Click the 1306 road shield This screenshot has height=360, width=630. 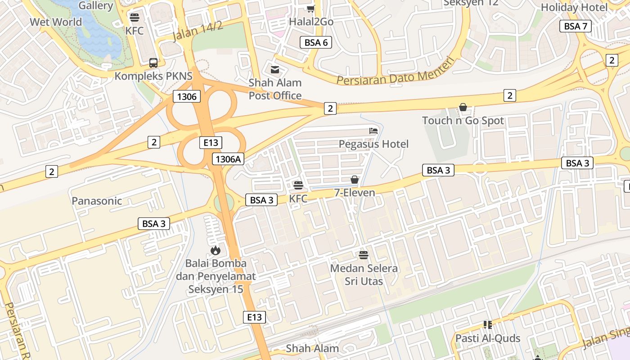point(186,96)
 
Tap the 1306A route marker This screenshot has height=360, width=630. point(229,158)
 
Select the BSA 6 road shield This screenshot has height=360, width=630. point(316,43)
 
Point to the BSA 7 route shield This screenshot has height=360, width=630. point(575,26)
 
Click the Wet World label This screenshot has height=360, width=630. point(56,22)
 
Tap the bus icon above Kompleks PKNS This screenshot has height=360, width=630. point(153,63)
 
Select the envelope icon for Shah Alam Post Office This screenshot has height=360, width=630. point(274,70)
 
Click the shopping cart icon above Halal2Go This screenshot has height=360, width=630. point(310,9)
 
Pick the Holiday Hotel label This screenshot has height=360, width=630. point(574,8)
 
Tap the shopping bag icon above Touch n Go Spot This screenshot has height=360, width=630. point(463,107)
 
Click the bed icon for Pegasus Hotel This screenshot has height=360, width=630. point(373,131)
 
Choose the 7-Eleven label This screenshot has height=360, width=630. point(355,193)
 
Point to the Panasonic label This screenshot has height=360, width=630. point(97,201)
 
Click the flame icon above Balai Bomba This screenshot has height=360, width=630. point(216,250)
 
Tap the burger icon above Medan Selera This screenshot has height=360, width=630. point(364,255)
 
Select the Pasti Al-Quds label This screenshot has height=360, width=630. point(488,338)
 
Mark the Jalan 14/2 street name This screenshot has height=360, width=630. point(198,31)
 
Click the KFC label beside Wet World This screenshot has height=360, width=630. point(135,31)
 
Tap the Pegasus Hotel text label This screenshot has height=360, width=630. point(373,144)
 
